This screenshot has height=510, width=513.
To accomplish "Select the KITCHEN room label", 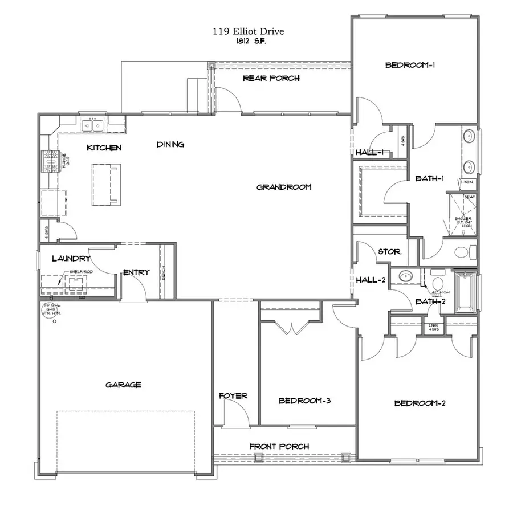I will coord(104,148).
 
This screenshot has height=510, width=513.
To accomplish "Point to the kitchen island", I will coord(107,183).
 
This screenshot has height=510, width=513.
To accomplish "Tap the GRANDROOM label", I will coord(283,187).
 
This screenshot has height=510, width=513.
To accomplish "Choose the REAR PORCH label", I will coord(271,78).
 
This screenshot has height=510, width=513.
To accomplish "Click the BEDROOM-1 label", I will coord(410,66).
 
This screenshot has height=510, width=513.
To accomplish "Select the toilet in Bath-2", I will coord(438,283).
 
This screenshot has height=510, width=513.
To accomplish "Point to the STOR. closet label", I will coord(389,251).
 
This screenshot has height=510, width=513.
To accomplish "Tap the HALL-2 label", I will coord(370,280).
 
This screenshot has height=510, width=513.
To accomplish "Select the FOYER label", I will coord(233,395).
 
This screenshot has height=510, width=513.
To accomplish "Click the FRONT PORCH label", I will coord(279,446).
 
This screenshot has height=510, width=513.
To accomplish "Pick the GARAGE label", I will coord(123,385).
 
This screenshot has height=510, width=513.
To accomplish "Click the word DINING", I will coord(170,145).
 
